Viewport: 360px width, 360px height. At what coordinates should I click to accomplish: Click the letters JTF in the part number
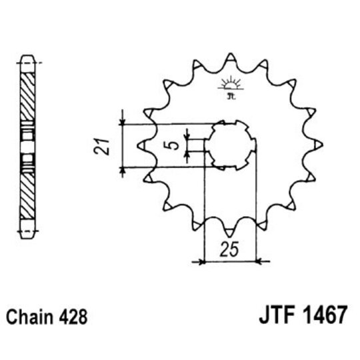[x=271, y=314]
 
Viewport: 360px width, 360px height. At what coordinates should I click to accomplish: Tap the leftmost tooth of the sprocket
[x=141, y=144]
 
